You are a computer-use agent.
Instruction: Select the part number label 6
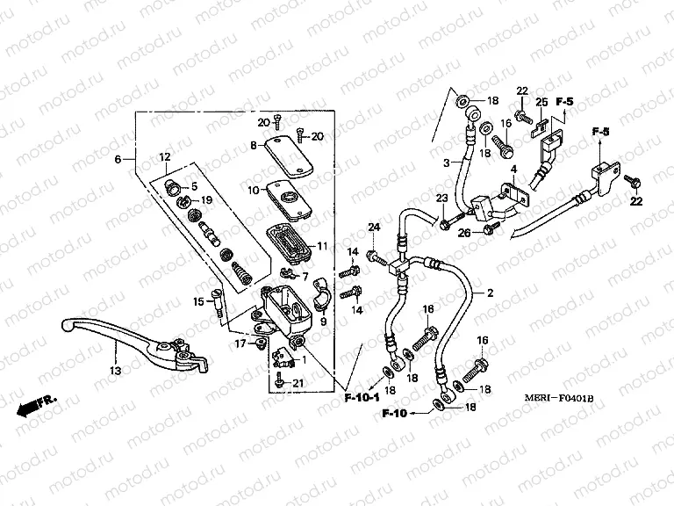click(118, 160)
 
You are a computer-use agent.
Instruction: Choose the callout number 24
click(373, 228)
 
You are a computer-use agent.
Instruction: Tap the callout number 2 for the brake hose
click(490, 293)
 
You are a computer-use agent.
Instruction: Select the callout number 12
click(164, 156)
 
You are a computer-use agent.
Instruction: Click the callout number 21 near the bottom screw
click(298, 383)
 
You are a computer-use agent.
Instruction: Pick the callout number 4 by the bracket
click(514, 169)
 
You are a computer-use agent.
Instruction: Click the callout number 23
click(442, 198)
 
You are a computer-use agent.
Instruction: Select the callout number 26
click(465, 232)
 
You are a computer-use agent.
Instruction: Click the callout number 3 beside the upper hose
click(446, 164)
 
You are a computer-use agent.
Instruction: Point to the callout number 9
click(323, 322)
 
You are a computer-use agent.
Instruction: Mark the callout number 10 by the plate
click(253, 189)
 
